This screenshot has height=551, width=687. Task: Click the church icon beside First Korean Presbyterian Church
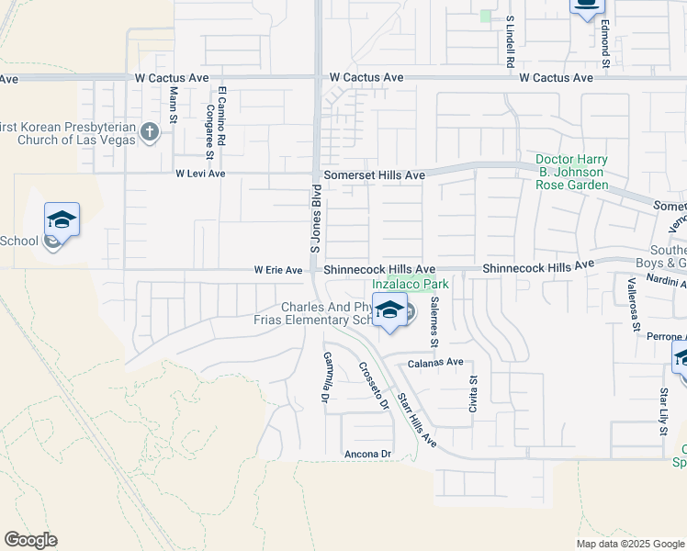(x=151, y=133)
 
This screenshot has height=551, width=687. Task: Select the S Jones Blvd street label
(x=314, y=219)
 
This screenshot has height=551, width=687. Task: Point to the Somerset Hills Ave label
(x=374, y=174)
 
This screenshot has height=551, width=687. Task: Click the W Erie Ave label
(x=278, y=271)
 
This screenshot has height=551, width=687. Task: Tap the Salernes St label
(x=434, y=322)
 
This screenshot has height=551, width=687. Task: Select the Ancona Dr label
(x=367, y=455)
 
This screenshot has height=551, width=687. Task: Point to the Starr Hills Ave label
(x=416, y=422)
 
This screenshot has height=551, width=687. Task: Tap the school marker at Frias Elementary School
(x=390, y=310)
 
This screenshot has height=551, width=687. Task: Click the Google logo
(x=30, y=540)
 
